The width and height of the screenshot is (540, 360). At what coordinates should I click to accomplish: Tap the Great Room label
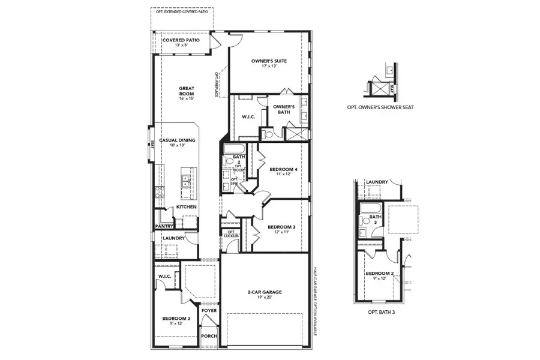pyautogui.click(x=187, y=91)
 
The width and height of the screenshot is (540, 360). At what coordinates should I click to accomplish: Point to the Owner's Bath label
pyautogui.click(x=283, y=109)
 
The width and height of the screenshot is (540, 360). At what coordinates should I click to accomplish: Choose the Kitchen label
pyautogui.click(x=186, y=207)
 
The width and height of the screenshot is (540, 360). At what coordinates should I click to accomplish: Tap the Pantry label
pyautogui.click(x=164, y=226)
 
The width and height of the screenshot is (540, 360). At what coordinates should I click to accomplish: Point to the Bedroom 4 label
pyautogui.click(x=283, y=170)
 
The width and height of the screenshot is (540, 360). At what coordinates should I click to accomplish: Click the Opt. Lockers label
pyautogui.click(x=231, y=234)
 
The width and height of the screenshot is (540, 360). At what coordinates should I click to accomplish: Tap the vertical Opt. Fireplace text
pyautogui.click(x=217, y=84)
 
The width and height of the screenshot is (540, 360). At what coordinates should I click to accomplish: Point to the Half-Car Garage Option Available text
pyautogui.click(x=314, y=305)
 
